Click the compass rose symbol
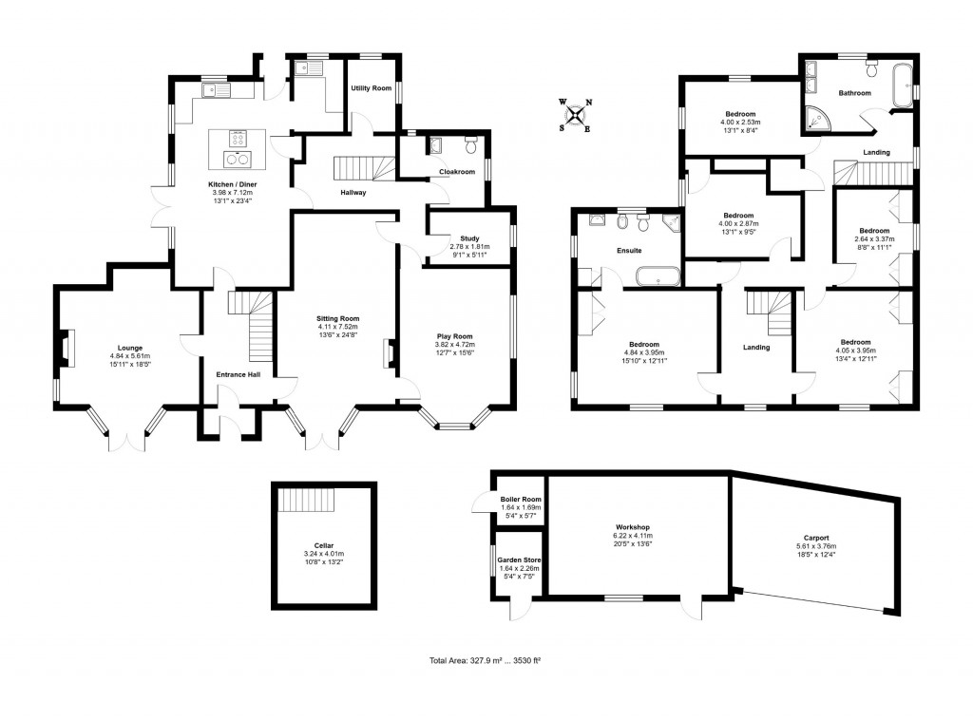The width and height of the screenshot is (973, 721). tap(575, 115)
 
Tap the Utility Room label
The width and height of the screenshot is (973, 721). tap(371, 88)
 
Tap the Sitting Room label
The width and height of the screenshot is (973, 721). tap(338, 318)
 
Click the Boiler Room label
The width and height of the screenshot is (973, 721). tap(520, 500)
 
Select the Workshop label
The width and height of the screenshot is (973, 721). tap(632, 527)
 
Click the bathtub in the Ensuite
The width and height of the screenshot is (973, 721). tap(657, 278)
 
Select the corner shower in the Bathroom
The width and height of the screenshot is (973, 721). tap(814, 119)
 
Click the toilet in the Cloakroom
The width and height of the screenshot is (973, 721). tap(469, 145)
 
